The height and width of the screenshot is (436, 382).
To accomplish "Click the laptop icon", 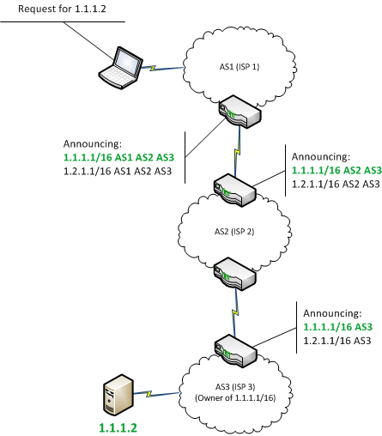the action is (x=121, y=68).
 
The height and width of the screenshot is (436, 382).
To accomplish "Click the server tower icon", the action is (x=118, y=395).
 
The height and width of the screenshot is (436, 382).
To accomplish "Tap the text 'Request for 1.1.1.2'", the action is (x=62, y=9).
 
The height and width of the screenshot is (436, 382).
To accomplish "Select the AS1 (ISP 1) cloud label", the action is (x=240, y=67).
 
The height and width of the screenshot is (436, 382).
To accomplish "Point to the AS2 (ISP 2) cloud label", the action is (x=234, y=232).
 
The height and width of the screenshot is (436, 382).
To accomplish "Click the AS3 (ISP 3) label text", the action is (x=235, y=387).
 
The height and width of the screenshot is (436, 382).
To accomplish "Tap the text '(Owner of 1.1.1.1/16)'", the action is (x=235, y=398).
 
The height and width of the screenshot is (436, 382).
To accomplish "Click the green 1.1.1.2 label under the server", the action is (x=118, y=428).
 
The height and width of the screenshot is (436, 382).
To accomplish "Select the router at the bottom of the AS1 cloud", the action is (x=240, y=112).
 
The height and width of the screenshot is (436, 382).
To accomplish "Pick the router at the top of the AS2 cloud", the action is (x=234, y=191).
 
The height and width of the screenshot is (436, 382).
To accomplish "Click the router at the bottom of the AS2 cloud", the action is (x=234, y=274).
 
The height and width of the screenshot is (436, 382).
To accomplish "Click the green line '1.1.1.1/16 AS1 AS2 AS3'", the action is (x=118, y=158).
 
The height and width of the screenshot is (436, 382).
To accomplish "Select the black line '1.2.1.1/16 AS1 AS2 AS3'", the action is (x=118, y=172).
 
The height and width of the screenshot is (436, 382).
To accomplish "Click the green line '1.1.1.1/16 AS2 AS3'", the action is (x=337, y=171).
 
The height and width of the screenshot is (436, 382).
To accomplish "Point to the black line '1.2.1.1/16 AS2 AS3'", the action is (x=336, y=185).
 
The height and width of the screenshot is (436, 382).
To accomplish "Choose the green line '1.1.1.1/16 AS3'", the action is (x=337, y=327).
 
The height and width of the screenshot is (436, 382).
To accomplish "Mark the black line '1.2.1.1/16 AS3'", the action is (x=337, y=341).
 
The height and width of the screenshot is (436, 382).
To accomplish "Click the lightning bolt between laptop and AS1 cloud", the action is (x=153, y=68).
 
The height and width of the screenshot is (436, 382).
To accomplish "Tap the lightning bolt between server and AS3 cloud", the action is (x=149, y=394).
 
